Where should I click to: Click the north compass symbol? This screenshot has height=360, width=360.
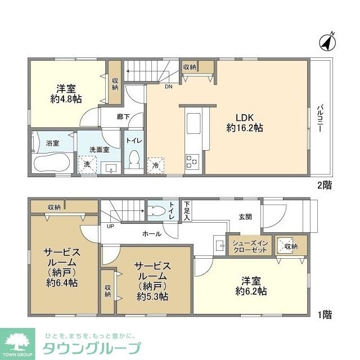(327, 41)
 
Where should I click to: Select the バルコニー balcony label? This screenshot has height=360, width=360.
(319, 118)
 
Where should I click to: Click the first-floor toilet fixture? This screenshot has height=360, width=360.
(158, 211)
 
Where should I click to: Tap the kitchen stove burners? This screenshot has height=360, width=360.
(192, 161)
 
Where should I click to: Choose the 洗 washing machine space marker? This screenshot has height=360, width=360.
(87, 165)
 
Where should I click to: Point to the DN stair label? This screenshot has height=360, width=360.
(168, 87)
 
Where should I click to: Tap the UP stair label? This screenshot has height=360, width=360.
(110, 226)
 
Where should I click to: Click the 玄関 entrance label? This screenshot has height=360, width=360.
(245, 217)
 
